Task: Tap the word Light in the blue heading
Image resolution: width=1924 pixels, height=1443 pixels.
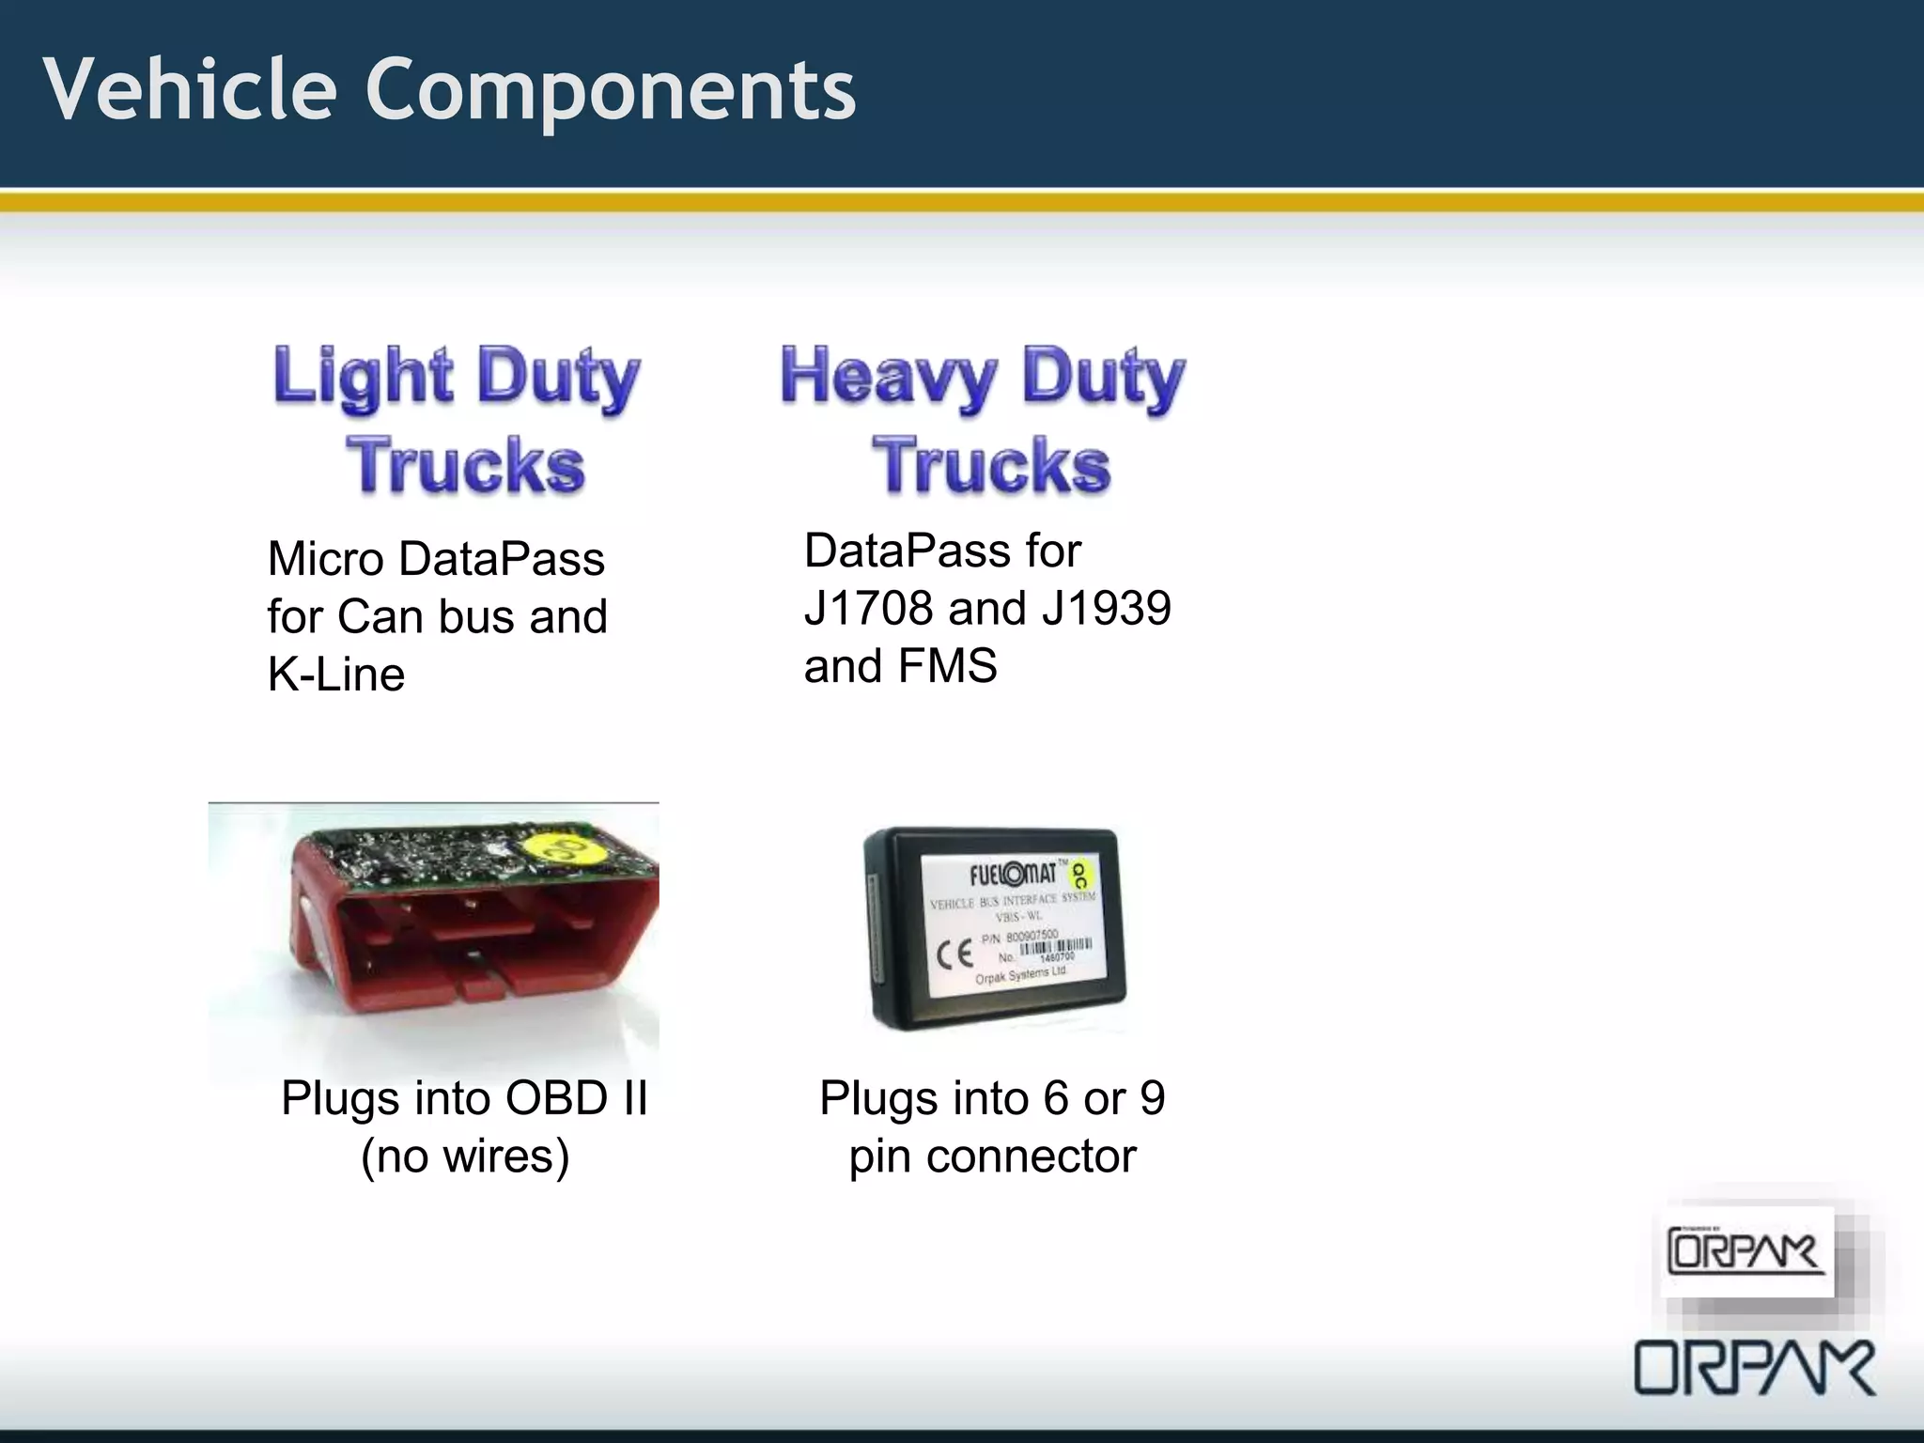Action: tap(363, 376)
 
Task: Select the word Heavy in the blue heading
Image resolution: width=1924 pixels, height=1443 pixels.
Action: tap(887, 376)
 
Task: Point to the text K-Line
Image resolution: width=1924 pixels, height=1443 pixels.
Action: tap(336, 674)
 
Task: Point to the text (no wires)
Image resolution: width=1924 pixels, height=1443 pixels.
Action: tap(465, 1156)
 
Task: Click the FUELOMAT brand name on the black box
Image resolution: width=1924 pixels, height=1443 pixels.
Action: tap(1013, 875)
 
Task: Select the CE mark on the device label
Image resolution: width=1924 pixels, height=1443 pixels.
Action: tap(954, 954)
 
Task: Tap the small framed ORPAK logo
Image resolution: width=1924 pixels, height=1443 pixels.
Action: tap(1746, 1252)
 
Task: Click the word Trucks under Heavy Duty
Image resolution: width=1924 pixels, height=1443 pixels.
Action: tap(992, 466)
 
